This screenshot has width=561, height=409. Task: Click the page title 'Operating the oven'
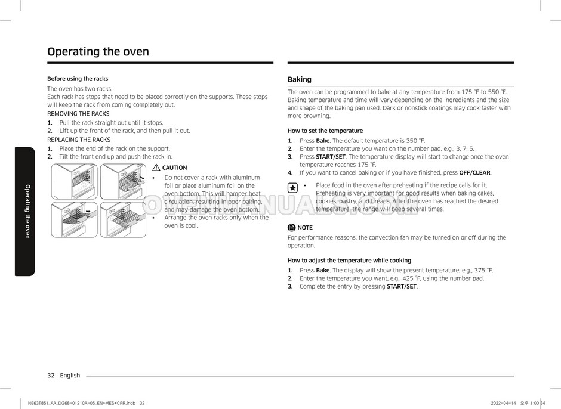click(98, 52)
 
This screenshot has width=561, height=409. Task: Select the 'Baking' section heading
click(300, 79)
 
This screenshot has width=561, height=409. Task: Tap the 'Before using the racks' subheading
click(78, 79)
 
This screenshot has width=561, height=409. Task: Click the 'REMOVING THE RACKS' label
click(78, 114)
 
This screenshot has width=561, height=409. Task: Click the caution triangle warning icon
click(156, 168)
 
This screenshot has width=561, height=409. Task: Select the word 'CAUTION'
click(174, 168)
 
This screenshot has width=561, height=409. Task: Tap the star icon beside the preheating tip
click(292, 187)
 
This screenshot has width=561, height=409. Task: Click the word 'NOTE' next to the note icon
click(305, 228)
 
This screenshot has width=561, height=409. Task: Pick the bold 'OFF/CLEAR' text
click(474, 173)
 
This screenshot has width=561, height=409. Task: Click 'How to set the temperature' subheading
click(325, 131)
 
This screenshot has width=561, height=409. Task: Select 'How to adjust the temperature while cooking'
click(349, 261)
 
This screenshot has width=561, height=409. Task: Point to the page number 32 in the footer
click(51, 376)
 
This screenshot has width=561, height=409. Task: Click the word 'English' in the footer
click(70, 376)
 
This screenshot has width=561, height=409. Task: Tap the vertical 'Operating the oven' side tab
click(27, 212)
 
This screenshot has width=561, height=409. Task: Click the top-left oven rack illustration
click(74, 181)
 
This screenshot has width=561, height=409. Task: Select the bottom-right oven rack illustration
click(122, 219)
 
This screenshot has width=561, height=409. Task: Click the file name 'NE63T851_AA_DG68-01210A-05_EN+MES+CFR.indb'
click(81, 404)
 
